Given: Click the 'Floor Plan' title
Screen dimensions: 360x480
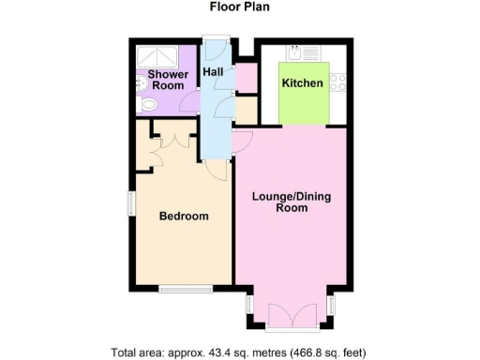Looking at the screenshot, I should pyautogui.click(x=239, y=7).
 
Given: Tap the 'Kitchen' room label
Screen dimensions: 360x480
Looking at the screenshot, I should pyautogui.click(x=303, y=83).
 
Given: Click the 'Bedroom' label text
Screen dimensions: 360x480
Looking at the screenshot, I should pyautogui.click(x=183, y=216).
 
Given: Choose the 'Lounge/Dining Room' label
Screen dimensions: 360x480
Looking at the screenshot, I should pyautogui.click(x=291, y=202).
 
